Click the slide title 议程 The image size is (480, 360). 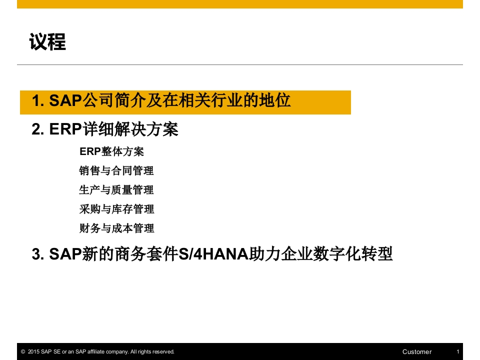47,41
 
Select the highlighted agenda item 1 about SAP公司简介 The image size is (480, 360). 161,100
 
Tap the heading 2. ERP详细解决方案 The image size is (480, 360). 105,129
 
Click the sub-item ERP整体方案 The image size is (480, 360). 111,151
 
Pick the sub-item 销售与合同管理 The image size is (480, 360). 116,170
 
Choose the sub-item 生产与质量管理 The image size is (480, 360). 116,190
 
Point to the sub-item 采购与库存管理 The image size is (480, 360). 116,209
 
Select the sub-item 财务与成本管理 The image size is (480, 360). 116,228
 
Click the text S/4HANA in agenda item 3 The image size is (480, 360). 213,254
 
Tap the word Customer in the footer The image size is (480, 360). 417,351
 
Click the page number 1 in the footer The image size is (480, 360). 458,351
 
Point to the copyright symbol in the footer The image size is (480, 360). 23,351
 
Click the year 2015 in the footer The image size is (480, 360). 33,351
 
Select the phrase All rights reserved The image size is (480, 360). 152,351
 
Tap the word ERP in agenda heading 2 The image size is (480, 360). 65,129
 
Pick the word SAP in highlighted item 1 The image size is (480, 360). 65,100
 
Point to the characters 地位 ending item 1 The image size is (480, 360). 274,100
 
